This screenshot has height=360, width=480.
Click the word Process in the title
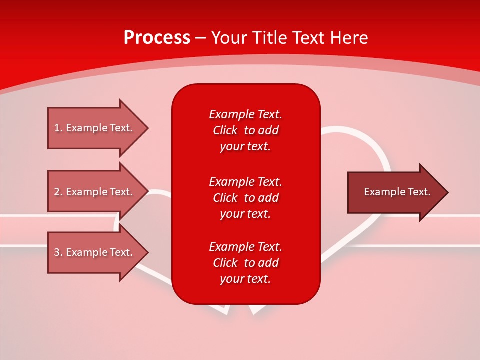click(x=157, y=38)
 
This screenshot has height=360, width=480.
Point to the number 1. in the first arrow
click(x=58, y=128)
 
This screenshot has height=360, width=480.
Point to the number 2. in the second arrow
click(x=58, y=192)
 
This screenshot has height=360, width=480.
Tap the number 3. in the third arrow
click(x=58, y=252)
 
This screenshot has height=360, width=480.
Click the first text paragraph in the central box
click(x=245, y=130)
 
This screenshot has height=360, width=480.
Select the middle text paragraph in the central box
click(x=245, y=198)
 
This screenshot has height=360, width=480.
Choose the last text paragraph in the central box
click(x=245, y=263)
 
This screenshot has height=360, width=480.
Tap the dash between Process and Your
click(x=200, y=38)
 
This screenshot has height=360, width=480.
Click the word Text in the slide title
click(x=309, y=38)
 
